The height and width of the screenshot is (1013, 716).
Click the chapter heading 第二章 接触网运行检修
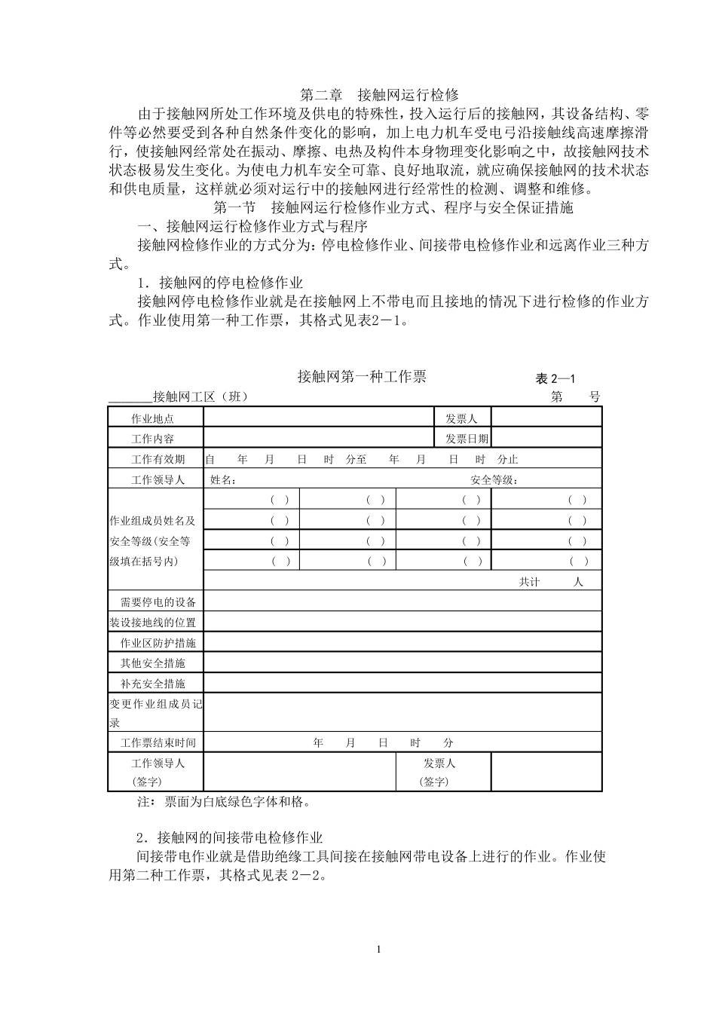pos(379,95)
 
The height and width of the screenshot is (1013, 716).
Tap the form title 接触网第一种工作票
pos(362,377)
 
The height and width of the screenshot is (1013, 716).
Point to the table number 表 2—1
pos(555,379)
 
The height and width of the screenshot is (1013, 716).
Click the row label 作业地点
pos(153,419)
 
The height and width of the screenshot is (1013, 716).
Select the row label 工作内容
pos(153,439)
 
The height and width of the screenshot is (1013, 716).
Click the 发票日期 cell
pos(467,439)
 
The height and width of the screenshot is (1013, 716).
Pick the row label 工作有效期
pos(153,459)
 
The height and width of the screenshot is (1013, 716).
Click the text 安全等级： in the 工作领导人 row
pos(494,479)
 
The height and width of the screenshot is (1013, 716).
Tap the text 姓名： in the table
pos(223,479)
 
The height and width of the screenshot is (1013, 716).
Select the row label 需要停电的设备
pos(158,602)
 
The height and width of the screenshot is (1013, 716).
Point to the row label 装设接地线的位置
pos(153,623)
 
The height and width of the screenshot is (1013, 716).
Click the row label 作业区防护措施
pos(158,643)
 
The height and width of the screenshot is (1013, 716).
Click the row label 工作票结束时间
pos(158,743)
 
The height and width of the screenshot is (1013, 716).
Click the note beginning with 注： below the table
pos(224,802)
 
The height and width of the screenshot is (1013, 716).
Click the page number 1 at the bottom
pos(379,948)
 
